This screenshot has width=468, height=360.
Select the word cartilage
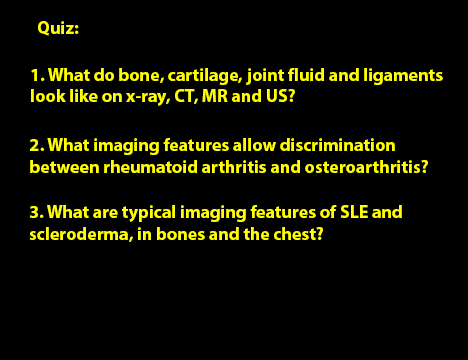[x=205, y=76]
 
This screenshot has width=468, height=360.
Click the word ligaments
[x=403, y=76]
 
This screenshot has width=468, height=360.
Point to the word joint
[x=265, y=76]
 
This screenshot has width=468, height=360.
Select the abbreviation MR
[x=215, y=96]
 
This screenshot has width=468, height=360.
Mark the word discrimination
[x=337, y=145]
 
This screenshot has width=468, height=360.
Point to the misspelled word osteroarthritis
[x=366, y=167]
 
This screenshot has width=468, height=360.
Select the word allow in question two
[x=254, y=145]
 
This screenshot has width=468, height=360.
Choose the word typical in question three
[x=149, y=213]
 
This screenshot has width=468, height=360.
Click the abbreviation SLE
[x=354, y=212]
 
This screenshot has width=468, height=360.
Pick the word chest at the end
[x=298, y=234]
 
